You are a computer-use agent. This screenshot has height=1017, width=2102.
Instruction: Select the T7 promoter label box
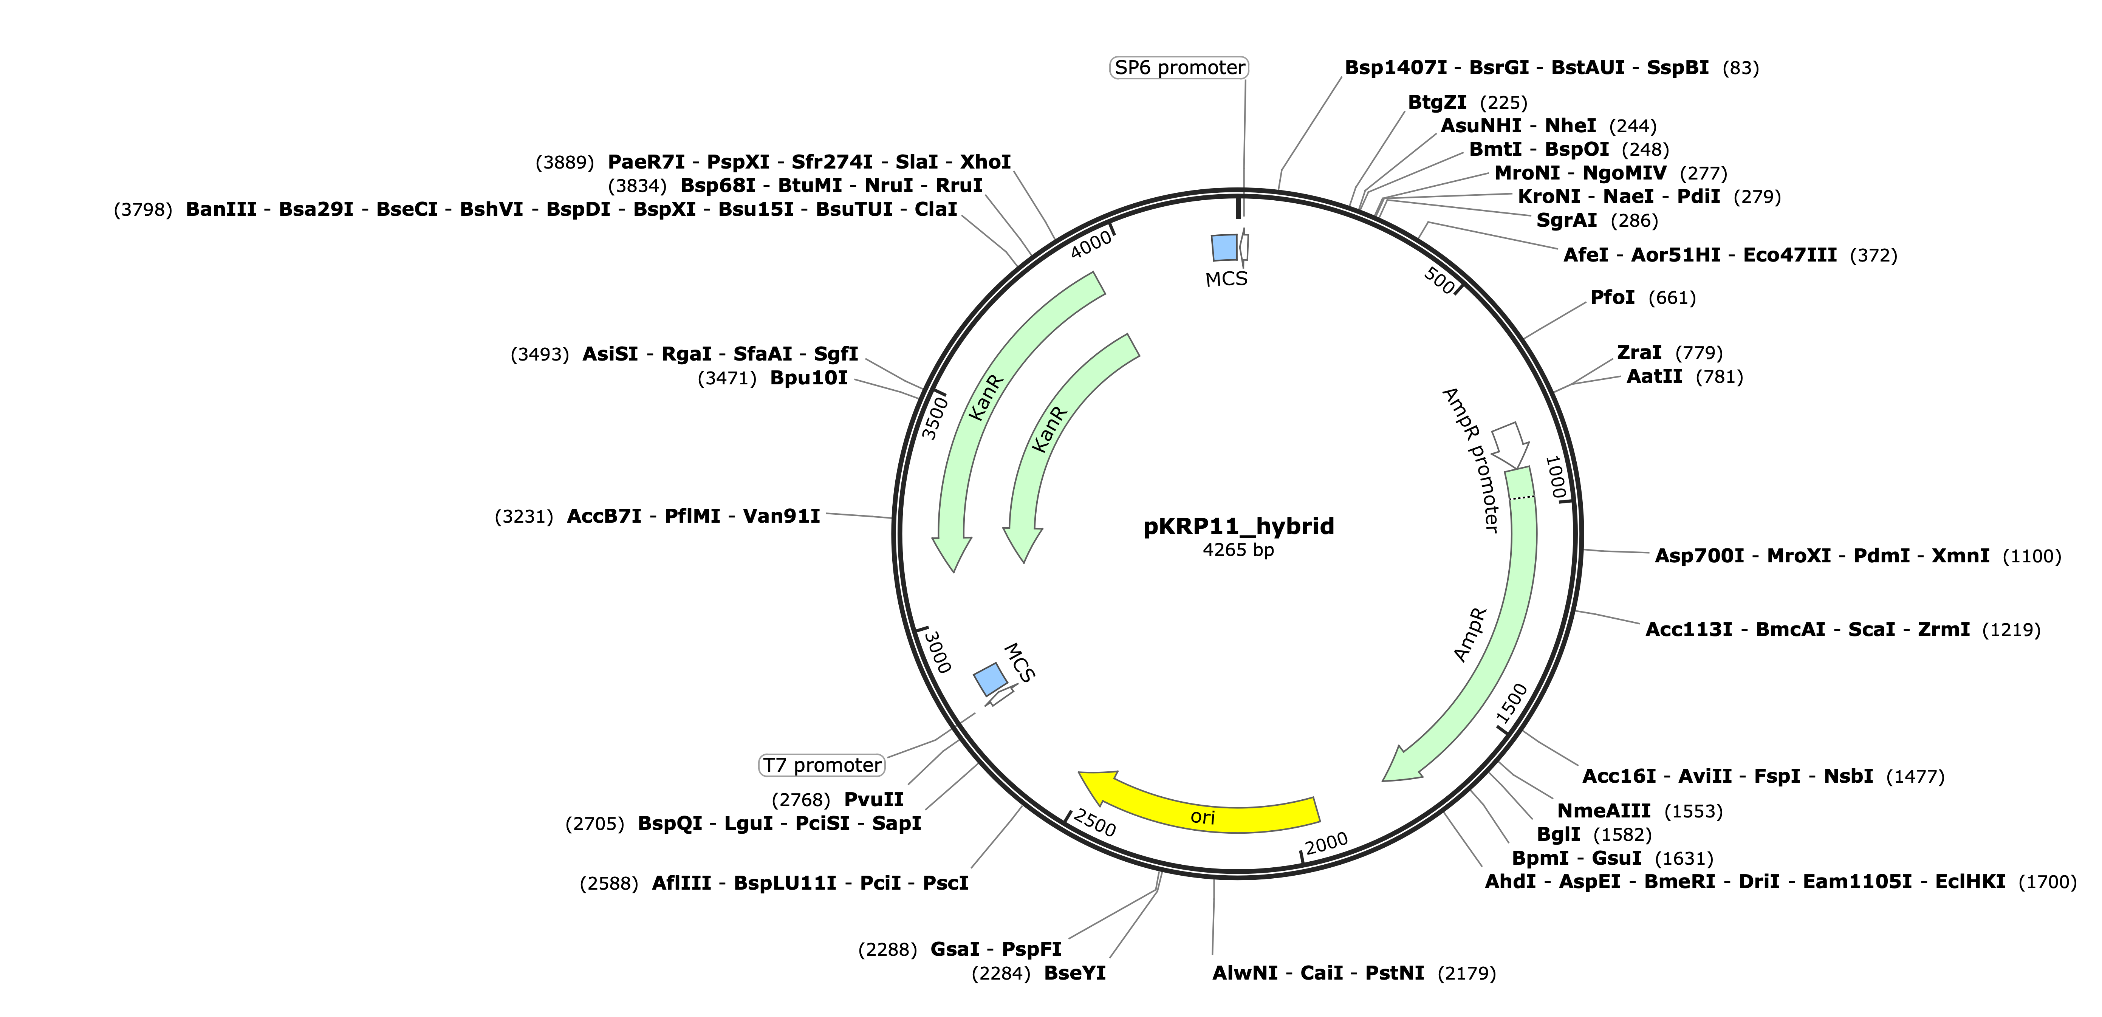tap(822, 765)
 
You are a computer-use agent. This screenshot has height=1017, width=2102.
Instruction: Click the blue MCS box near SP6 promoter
tap(1224, 247)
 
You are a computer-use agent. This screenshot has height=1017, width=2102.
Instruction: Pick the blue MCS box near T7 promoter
tap(991, 679)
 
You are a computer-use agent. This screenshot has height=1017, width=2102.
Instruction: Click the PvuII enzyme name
tap(874, 800)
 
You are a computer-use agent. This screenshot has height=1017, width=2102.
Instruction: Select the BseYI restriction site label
tap(1075, 973)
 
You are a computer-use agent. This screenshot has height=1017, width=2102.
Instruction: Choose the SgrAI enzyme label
tap(1567, 220)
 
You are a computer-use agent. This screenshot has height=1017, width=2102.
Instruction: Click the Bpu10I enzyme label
tap(809, 378)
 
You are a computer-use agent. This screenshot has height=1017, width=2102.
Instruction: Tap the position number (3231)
tap(524, 517)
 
